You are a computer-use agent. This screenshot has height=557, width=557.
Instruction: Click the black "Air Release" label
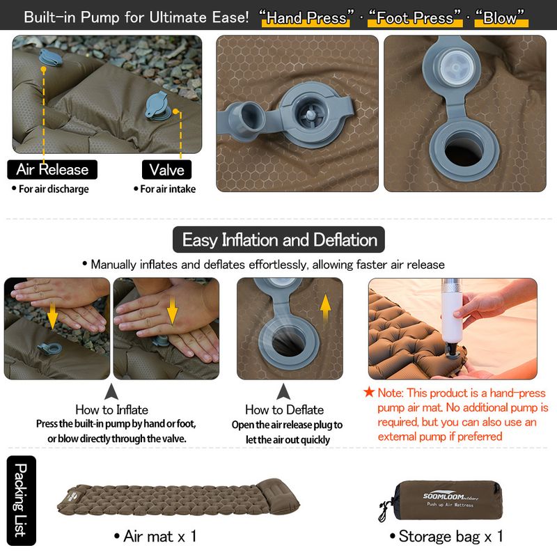point(52,169)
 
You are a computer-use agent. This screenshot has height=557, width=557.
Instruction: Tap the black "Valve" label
point(166,169)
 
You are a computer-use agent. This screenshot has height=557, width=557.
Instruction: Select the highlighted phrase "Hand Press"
point(306,17)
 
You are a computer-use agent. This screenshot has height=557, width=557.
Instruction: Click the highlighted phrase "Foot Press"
point(414,17)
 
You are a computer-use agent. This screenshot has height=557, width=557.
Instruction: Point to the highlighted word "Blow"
point(501,17)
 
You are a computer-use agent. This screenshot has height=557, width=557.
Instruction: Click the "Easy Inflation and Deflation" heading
point(279,240)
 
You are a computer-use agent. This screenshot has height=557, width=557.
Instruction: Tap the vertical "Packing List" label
point(22,500)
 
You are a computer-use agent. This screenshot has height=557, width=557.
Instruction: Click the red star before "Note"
point(369,392)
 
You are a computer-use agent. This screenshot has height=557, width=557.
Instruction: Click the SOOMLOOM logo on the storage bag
point(450,496)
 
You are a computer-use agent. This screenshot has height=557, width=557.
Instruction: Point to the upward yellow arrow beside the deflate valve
point(325,308)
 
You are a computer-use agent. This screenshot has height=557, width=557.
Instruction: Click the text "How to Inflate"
point(111,409)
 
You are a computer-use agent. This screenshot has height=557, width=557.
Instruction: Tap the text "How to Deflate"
point(284,409)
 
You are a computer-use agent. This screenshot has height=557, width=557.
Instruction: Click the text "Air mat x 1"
point(155,536)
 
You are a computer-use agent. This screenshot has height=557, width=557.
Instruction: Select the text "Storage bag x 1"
point(446,536)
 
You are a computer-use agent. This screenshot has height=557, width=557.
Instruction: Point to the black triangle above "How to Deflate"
point(283,391)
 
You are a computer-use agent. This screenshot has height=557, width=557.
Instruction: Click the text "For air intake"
point(164,189)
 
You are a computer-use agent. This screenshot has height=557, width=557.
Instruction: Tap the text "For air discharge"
point(50,189)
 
